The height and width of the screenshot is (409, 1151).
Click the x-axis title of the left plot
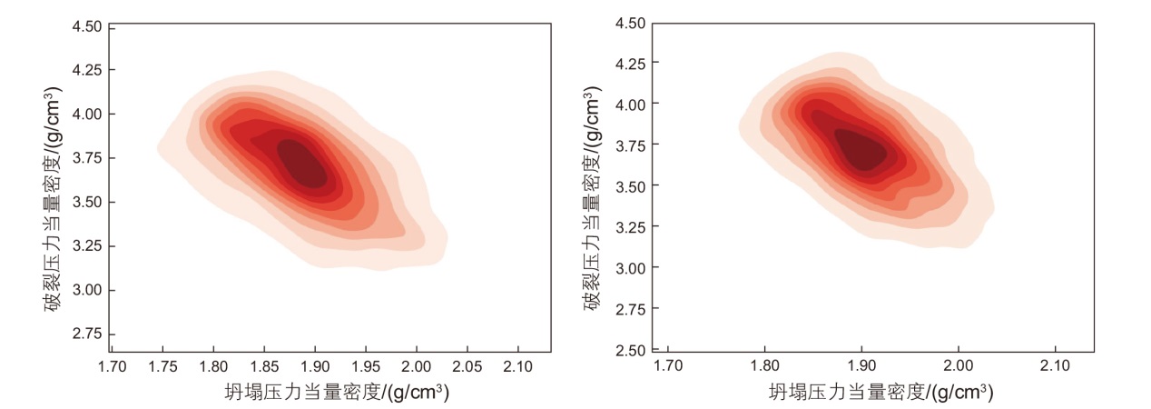(x=337, y=394)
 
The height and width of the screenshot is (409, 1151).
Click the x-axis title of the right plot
(x=880, y=394)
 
